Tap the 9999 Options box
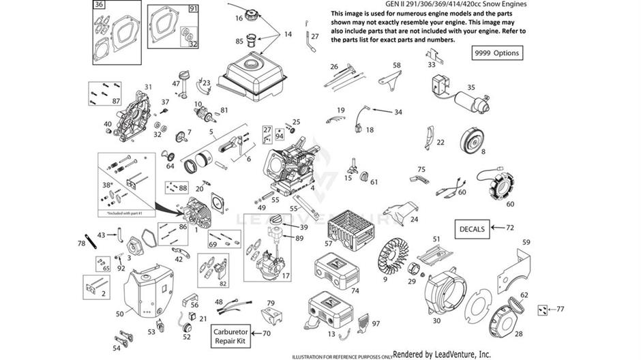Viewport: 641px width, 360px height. tap(498, 53)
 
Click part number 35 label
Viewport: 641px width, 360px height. tap(471, 88)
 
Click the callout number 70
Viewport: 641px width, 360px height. tap(267, 333)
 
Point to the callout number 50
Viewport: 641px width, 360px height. tap(119, 314)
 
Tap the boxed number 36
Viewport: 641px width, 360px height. tap(100, 5)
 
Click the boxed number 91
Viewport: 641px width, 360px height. tap(193, 8)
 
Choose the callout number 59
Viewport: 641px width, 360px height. tap(526, 242)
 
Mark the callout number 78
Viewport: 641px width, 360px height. tap(81, 243)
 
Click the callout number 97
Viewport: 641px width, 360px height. tap(375, 323)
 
